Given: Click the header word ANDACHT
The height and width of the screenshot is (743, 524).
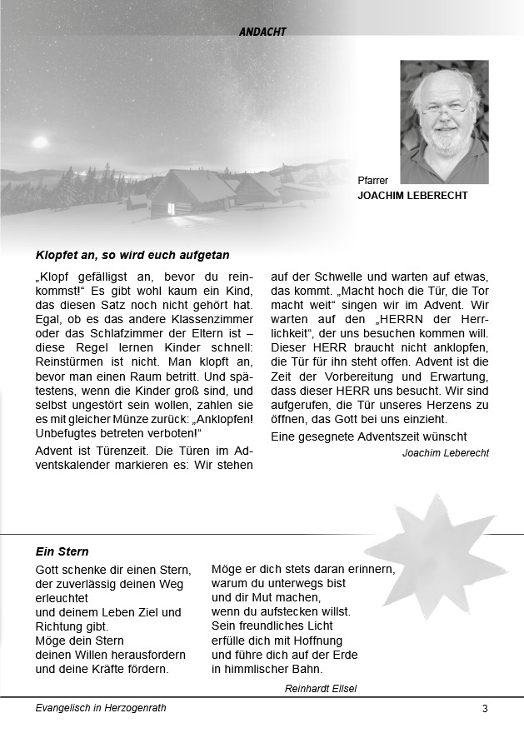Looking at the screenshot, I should (x=262, y=32).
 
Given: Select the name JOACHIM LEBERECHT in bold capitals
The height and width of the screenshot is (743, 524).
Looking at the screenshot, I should (x=412, y=196).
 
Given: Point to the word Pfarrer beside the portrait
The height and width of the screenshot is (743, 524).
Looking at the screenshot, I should (x=372, y=180).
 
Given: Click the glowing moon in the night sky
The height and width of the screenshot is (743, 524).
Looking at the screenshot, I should (x=39, y=142).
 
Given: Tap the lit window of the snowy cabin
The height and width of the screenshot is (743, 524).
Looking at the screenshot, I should (x=172, y=208).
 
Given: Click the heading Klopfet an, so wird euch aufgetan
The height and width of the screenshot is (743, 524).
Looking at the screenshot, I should (x=132, y=255).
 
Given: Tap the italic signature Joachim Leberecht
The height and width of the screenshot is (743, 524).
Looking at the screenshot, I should (x=445, y=453).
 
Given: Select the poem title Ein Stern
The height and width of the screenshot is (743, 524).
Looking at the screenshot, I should (x=62, y=551).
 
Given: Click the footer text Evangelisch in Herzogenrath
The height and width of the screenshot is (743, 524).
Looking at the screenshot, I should (x=101, y=708).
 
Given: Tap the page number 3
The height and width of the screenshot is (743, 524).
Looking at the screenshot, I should (x=485, y=709).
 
